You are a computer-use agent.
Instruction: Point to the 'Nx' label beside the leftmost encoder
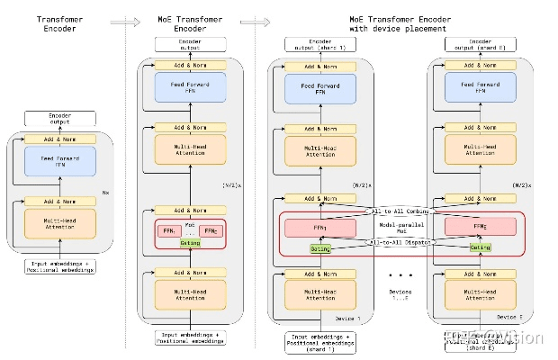105,191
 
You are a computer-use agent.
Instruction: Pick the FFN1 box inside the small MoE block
168,231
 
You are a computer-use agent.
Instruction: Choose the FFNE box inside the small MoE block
209,231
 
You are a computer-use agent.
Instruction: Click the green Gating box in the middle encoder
190,243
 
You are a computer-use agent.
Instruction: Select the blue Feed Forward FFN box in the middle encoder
189,87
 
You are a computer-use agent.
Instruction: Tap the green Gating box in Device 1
320,247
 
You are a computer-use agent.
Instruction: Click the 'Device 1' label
346,318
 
